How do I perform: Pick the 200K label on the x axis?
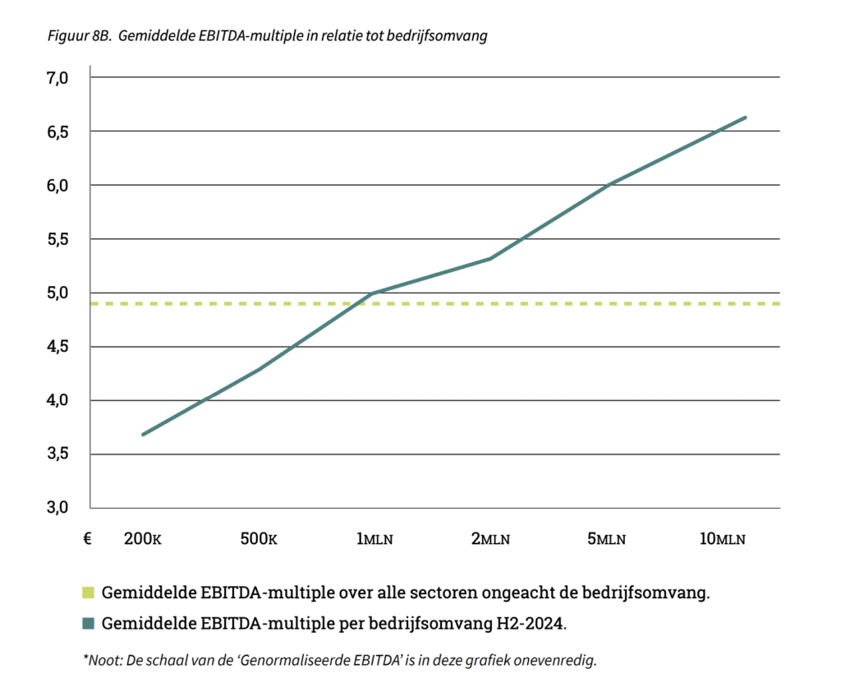coord(142,539)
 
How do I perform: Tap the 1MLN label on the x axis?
coord(375,539)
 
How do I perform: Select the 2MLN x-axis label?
coord(490,539)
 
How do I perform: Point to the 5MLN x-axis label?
coord(606,539)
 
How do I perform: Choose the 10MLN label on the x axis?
coord(722,539)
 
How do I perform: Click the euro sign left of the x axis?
coord(86,539)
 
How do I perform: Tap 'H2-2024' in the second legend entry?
coord(533,623)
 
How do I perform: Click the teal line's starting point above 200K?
coord(143,435)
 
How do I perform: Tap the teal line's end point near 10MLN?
coord(746,118)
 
